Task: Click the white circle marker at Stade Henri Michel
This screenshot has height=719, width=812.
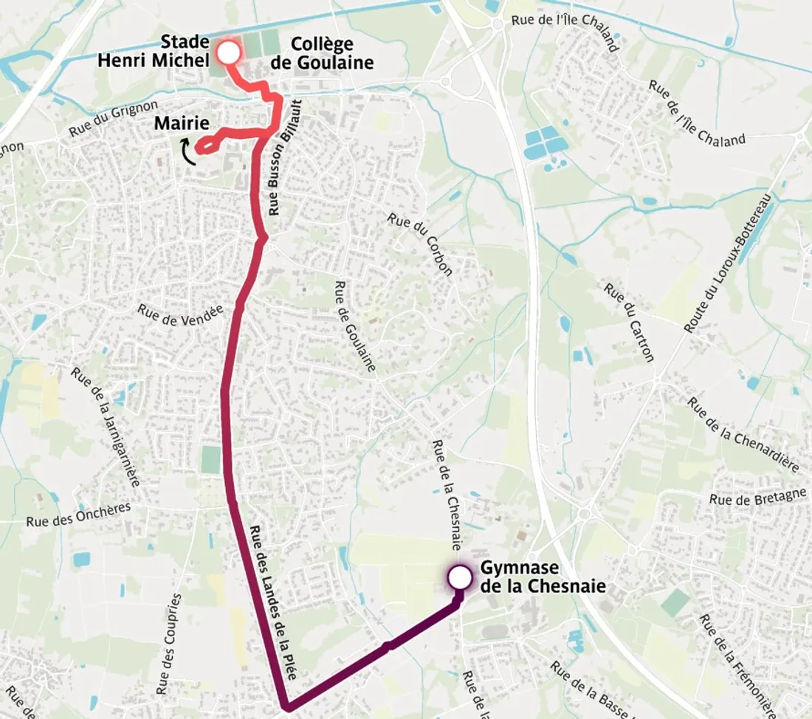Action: tap(229, 52)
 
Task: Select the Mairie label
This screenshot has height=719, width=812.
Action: tap(182, 123)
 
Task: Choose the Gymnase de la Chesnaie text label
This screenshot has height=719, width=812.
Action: tap(531, 577)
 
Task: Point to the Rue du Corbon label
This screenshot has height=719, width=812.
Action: tap(419, 244)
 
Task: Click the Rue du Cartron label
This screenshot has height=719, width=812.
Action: tap(629, 323)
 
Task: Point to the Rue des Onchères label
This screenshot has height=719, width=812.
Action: tap(78, 514)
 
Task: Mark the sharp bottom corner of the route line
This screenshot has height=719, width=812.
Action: tap(286, 705)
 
